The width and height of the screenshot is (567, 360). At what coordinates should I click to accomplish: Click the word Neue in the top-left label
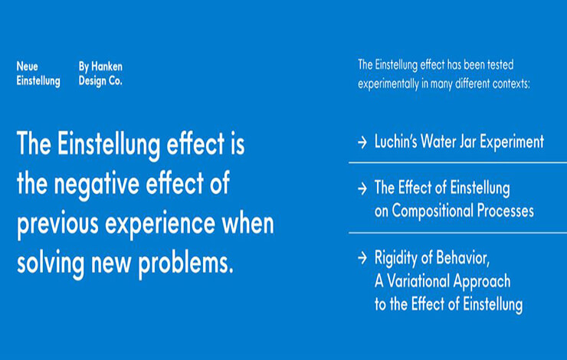click(x=27, y=67)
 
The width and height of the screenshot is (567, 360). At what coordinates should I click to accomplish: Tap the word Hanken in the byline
click(x=107, y=67)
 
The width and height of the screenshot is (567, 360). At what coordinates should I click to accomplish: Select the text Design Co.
click(x=100, y=81)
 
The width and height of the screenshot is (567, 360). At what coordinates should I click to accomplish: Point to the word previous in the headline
click(x=57, y=224)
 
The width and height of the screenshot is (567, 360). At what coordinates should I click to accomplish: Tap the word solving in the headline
click(x=51, y=263)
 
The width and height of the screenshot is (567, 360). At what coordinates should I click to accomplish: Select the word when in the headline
click(x=248, y=224)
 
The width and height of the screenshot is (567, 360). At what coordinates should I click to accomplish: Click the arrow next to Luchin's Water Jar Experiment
click(x=362, y=142)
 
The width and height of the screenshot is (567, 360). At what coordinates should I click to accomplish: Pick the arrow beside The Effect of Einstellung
click(x=362, y=188)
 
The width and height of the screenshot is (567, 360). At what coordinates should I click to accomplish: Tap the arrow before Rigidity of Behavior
click(x=362, y=258)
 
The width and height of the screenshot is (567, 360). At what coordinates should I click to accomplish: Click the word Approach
click(x=482, y=282)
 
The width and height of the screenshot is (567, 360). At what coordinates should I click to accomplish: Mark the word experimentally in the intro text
click(x=388, y=84)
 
